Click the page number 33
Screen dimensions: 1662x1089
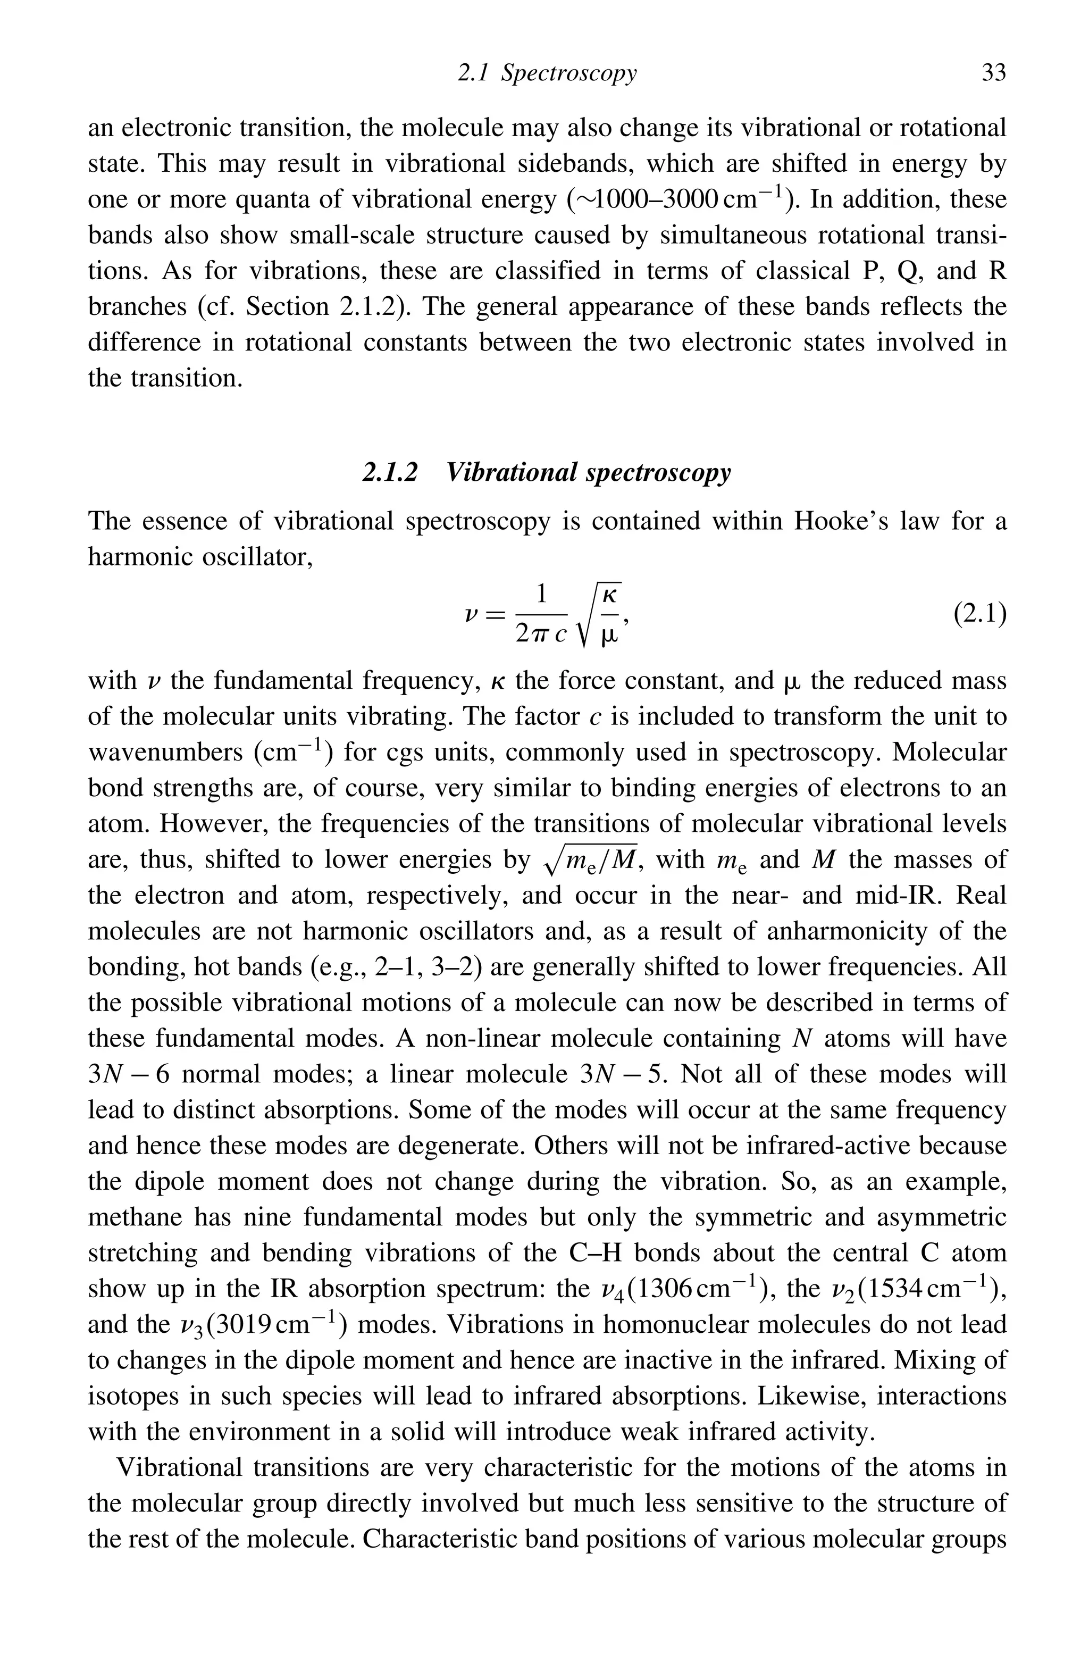pos(993,73)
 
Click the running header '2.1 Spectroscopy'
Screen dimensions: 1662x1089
pos(547,73)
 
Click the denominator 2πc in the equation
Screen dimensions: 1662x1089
pos(540,633)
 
